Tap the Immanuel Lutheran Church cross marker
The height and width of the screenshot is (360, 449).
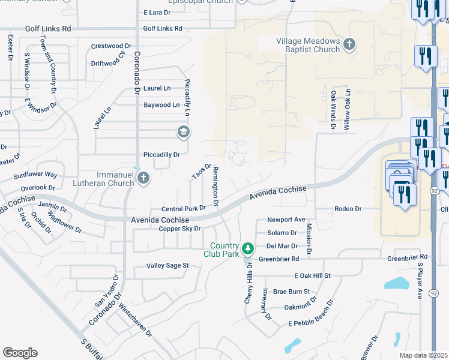pos(143,178)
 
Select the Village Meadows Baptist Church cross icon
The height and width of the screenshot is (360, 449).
pos(349,44)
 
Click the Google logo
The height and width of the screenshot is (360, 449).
pos(20,353)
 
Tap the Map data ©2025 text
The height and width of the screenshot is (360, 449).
pos(423,355)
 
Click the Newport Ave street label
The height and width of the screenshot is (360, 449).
pos(286,220)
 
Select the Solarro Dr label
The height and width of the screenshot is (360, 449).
pos(282,233)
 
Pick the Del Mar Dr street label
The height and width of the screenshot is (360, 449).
pos(282,246)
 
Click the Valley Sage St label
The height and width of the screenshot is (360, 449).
pos(168,265)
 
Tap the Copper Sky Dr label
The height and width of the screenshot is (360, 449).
pos(179,229)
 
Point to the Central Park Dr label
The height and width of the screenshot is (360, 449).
pos(184,209)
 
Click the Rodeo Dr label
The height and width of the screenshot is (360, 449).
pos(348,209)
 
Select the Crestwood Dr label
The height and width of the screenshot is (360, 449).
pos(111,46)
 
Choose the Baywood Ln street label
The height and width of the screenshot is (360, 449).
pos(161,105)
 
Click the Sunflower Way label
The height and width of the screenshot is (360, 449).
pos(35,175)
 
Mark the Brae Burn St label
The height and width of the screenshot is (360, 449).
pos(291,292)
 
